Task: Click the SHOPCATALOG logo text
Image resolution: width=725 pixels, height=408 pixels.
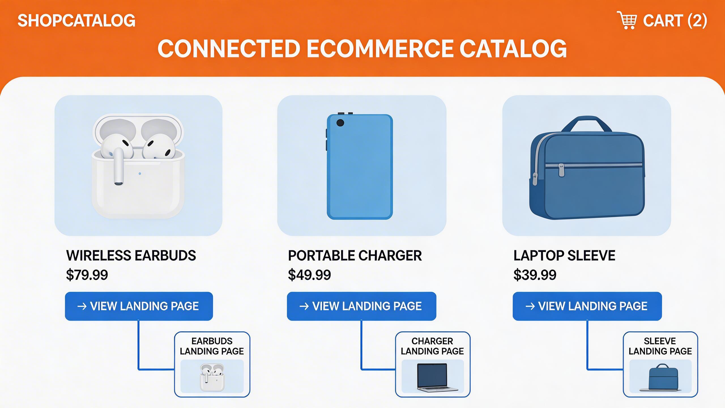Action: pyautogui.click(x=76, y=21)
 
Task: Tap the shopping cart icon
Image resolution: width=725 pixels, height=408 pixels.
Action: pyautogui.click(x=627, y=20)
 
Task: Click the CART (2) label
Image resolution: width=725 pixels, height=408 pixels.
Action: pyautogui.click(x=675, y=21)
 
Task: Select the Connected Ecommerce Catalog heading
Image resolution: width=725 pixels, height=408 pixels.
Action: pyautogui.click(x=362, y=48)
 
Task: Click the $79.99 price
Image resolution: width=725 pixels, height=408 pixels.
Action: pyautogui.click(x=87, y=275)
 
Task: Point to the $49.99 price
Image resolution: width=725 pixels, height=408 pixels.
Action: pyautogui.click(x=309, y=275)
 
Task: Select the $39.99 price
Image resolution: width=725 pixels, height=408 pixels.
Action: pyautogui.click(x=535, y=275)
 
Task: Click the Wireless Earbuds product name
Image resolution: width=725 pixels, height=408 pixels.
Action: pyautogui.click(x=131, y=256)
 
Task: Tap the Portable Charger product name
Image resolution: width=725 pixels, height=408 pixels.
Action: pyautogui.click(x=355, y=256)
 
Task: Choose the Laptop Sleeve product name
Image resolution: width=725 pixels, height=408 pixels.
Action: pyautogui.click(x=564, y=256)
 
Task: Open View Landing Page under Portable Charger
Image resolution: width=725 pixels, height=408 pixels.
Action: pyautogui.click(x=361, y=306)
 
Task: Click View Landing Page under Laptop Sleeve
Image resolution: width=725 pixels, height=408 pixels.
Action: pyautogui.click(x=587, y=306)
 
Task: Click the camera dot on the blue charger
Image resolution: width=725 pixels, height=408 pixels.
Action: pyautogui.click(x=340, y=123)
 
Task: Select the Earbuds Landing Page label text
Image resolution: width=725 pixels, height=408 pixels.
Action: pyautogui.click(x=212, y=346)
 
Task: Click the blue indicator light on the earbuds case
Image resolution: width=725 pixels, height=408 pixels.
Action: pyautogui.click(x=140, y=173)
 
